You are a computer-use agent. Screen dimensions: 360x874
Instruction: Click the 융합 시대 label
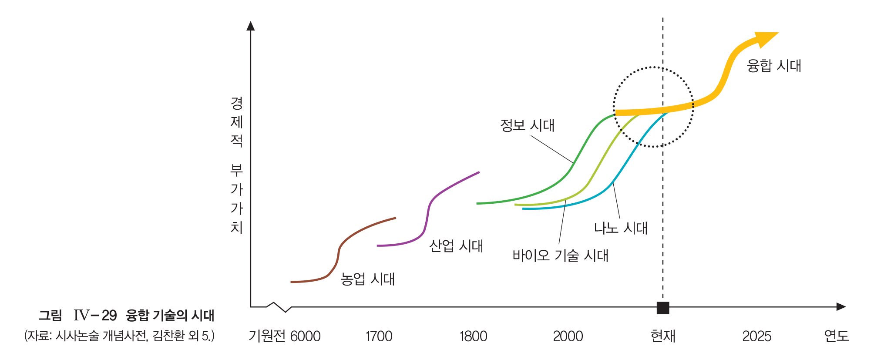click(x=773, y=66)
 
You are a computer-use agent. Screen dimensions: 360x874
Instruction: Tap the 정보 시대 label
click(x=527, y=125)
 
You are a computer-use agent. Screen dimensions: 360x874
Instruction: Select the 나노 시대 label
click(x=621, y=228)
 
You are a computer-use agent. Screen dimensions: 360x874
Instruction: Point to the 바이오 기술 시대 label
click(x=560, y=255)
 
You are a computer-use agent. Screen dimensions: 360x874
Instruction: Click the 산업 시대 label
click(x=456, y=246)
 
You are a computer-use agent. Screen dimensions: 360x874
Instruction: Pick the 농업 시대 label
click(x=367, y=279)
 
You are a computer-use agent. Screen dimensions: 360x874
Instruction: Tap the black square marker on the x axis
click(x=662, y=307)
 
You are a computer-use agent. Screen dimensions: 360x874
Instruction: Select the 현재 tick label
click(x=662, y=336)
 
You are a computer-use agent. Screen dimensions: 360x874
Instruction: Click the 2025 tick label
click(x=756, y=336)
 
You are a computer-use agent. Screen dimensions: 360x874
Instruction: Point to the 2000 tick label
click(x=568, y=336)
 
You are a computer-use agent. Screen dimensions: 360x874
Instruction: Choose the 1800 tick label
click(x=473, y=336)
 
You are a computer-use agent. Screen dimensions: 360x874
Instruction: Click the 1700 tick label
click(x=379, y=336)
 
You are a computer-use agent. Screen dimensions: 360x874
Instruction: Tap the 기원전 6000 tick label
click(x=284, y=336)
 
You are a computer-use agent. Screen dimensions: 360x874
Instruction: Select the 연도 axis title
click(x=836, y=336)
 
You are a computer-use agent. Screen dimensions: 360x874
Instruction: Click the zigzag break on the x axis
click(x=279, y=307)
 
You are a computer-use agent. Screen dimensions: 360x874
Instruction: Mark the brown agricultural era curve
click(x=339, y=248)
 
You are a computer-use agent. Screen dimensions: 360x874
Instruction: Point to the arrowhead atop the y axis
click(x=250, y=26)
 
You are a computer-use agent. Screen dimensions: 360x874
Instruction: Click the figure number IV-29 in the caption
click(x=95, y=315)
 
